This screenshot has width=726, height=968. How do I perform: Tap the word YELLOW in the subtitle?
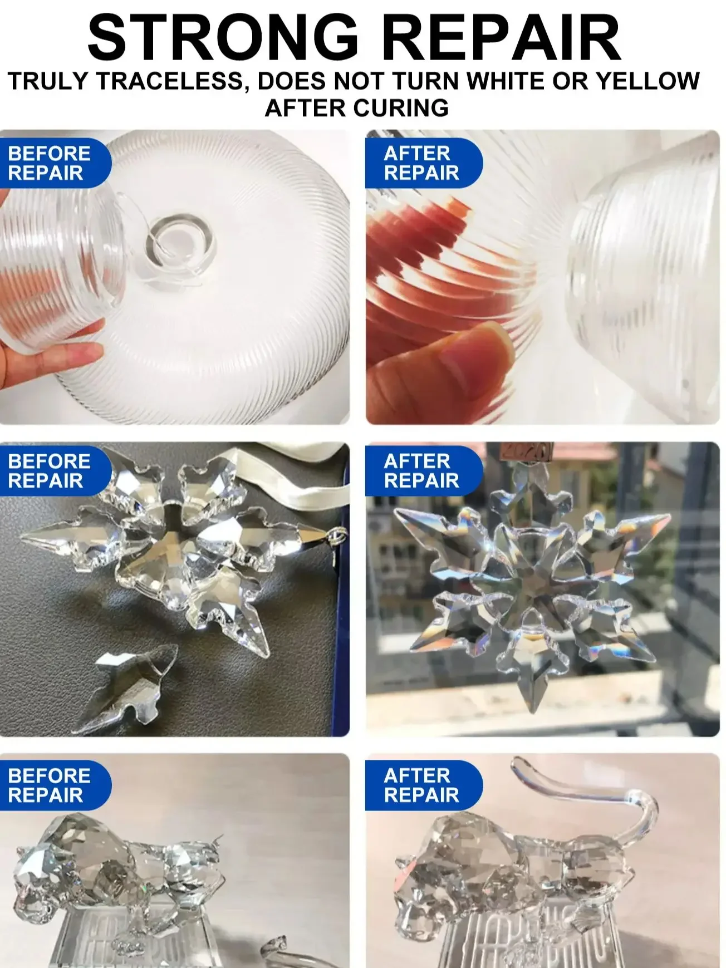click(x=647, y=81)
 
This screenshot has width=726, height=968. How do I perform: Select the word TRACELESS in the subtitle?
click(x=170, y=82)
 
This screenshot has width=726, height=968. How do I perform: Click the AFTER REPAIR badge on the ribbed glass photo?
click(x=423, y=163)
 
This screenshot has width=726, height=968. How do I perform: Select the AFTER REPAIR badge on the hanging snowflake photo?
click(x=423, y=471)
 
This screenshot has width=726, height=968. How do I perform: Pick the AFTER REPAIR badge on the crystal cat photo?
click(x=423, y=785)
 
